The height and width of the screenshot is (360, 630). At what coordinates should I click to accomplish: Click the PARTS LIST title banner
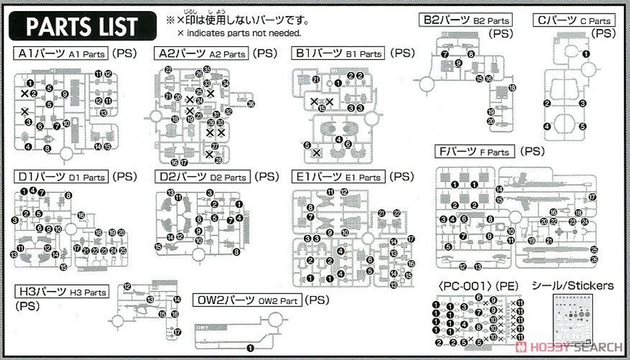[x=81, y=26]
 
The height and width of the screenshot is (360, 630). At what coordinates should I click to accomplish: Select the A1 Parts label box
[x=60, y=54]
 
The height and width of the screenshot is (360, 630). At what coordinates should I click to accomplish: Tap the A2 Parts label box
[x=202, y=54]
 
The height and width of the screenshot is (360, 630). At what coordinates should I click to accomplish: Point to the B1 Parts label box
[x=338, y=54]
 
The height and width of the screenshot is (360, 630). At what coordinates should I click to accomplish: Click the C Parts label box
[x=574, y=21]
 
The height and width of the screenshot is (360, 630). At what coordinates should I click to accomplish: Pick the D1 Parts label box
[x=60, y=177]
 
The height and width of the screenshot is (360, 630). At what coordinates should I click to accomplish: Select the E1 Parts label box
[x=338, y=177]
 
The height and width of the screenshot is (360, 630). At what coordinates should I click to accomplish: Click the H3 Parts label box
[x=61, y=292]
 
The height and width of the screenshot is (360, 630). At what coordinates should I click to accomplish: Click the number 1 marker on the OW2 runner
[x=250, y=348]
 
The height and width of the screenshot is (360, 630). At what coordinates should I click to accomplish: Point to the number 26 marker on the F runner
[x=594, y=259]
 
